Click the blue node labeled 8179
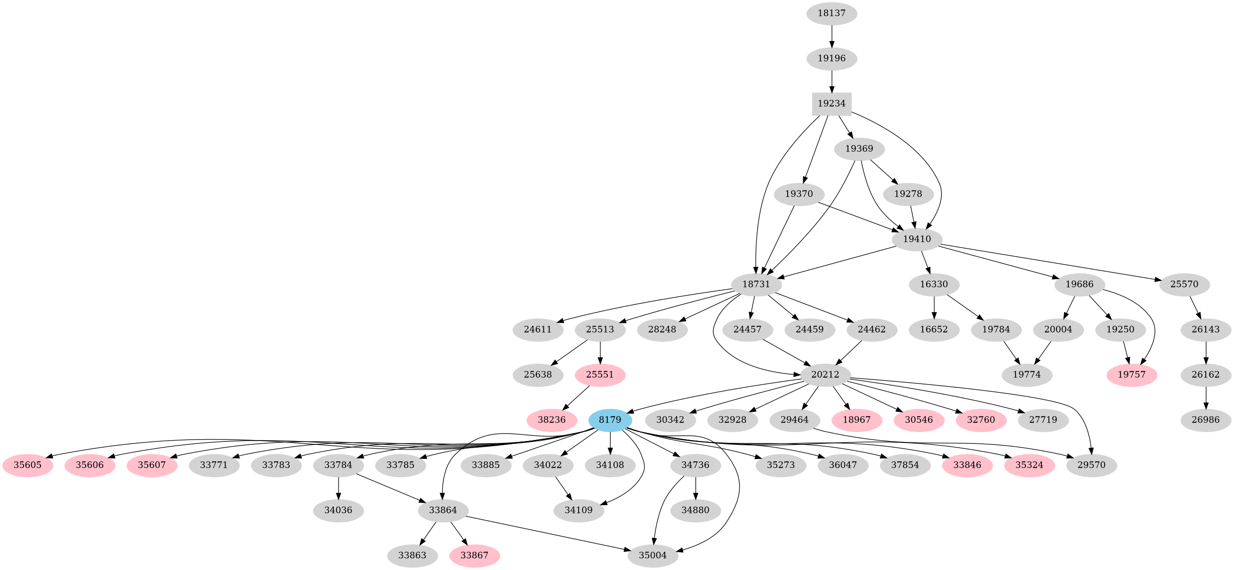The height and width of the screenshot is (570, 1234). tap(610, 420)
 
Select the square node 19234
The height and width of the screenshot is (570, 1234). tap(831, 104)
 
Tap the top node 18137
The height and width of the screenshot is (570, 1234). tap(831, 13)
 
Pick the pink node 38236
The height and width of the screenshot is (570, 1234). tap(551, 420)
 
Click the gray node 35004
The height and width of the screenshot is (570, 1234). tap(653, 555)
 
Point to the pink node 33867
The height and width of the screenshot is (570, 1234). tap(474, 555)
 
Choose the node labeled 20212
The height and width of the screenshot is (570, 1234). tap(825, 375)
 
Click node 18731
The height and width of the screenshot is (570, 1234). tap(756, 284)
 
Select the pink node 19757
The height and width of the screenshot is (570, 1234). tap(1131, 375)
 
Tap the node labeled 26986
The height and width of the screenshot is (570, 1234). tap(1206, 420)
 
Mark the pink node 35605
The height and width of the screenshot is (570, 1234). tap(27, 465)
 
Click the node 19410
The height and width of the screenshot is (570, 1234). tap(917, 239)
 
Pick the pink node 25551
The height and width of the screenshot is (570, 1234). tap(600, 375)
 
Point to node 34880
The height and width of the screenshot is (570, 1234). tap(695, 511)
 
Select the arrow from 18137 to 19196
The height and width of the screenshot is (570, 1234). tap(831, 35)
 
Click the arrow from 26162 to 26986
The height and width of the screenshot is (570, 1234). tap(1206, 397)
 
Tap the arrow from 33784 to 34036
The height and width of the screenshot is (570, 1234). tap(339, 488)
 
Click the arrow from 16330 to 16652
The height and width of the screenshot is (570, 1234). tap(934, 307)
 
